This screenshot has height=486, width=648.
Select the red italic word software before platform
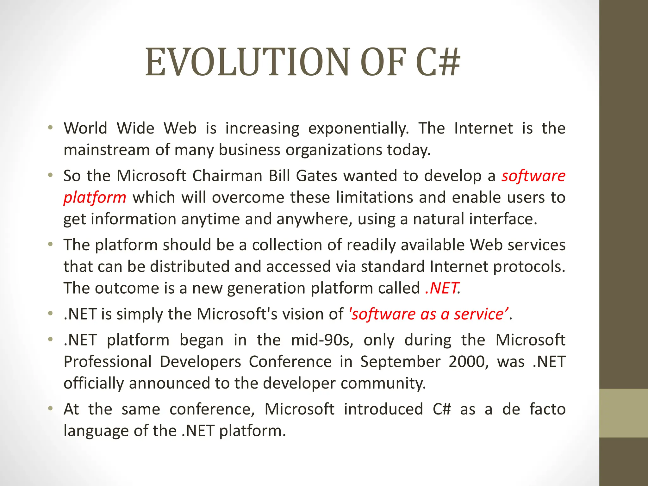pos(533,176)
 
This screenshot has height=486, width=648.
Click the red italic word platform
pos(95,197)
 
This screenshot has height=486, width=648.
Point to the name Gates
pos(316,176)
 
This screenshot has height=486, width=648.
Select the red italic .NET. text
pos(443,288)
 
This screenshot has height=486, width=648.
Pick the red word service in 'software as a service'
pos(481,314)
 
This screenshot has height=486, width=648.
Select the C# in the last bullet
pos(441,409)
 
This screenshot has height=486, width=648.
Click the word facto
pos(547,409)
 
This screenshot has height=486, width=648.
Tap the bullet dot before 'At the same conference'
pos(50,409)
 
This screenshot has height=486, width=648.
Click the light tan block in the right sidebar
pos(623,413)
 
